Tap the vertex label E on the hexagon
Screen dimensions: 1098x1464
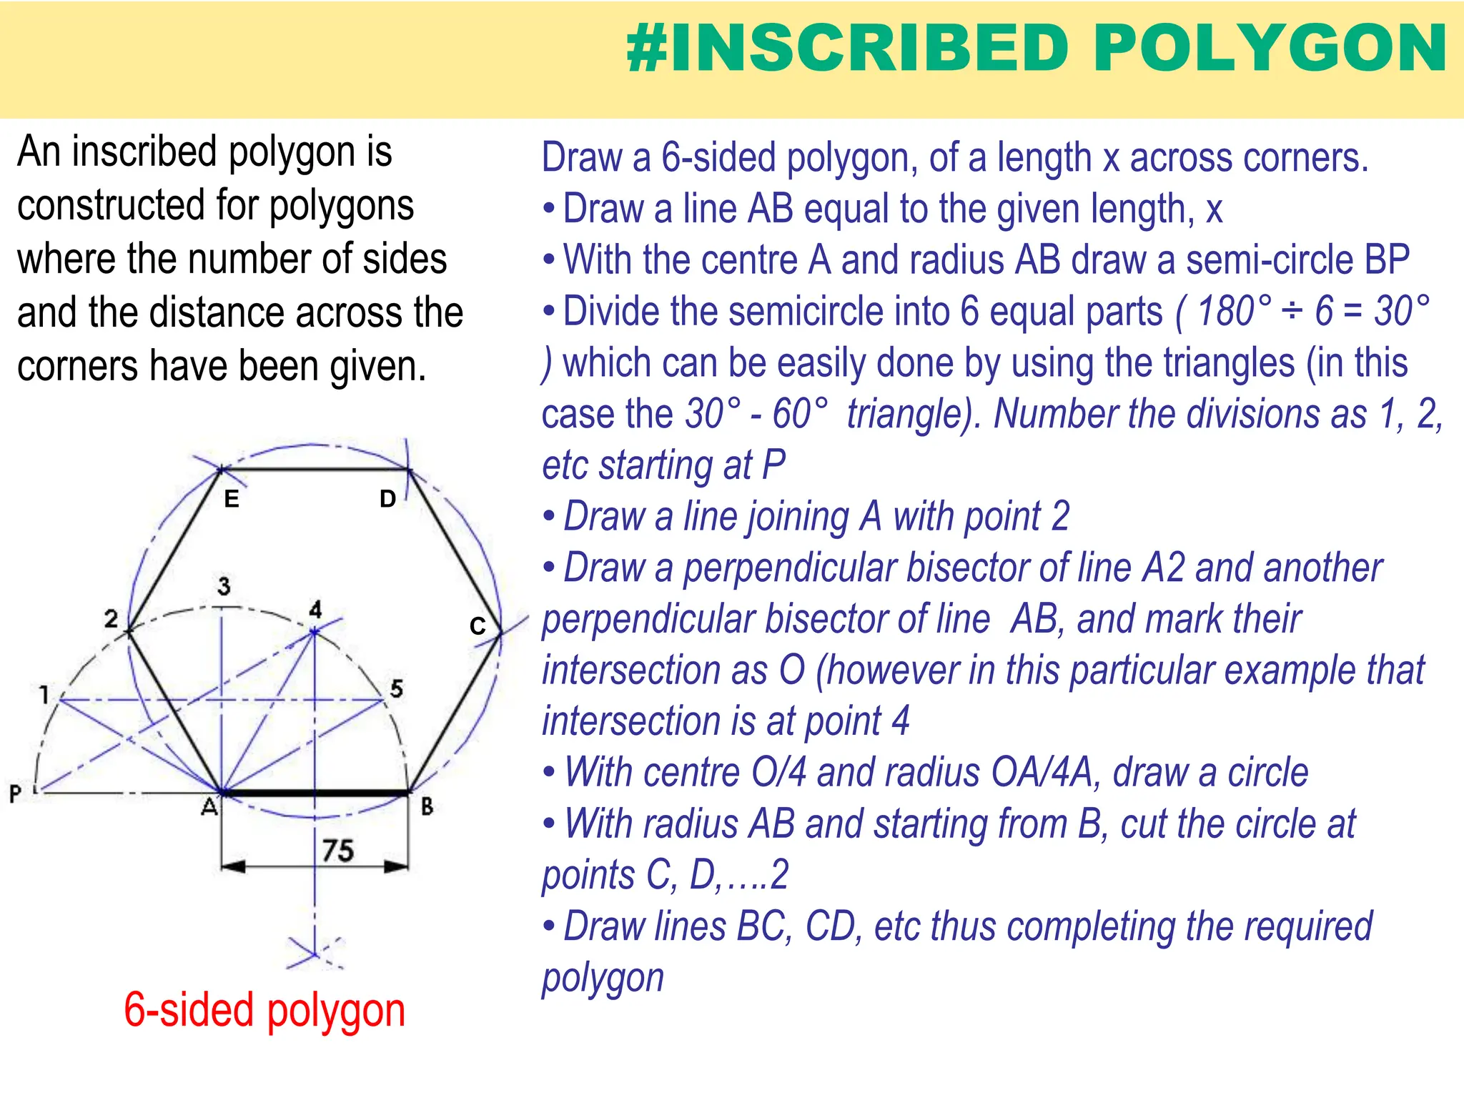pyautogui.click(x=231, y=499)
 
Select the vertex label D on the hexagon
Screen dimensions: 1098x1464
pyautogui.click(x=387, y=499)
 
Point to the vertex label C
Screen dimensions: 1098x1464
pyautogui.click(x=478, y=626)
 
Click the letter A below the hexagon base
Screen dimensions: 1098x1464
pyautogui.click(x=209, y=807)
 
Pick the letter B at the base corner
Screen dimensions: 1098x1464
pyautogui.click(x=427, y=807)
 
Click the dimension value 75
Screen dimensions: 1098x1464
pyautogui.click(x=337, y=851)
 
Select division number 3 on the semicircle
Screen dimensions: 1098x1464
pyautogui.click(x=224, y=586)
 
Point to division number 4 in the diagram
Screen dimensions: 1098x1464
pyautogui.click(x=315, y=610)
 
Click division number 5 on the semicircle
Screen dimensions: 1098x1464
pyautogui.click(x=397, y=688)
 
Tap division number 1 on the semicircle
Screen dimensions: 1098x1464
pyautogui.click(x=44, y=694)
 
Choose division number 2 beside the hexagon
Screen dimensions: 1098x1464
pyautogui.click(x=111, y=618)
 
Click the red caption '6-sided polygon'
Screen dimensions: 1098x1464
pyautogui.click(x=264, y=1011)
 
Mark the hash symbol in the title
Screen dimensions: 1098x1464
pyautogui.click(x=647, y=49)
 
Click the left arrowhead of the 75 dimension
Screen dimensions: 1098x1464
pyautogui.click(x=233, y=867)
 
